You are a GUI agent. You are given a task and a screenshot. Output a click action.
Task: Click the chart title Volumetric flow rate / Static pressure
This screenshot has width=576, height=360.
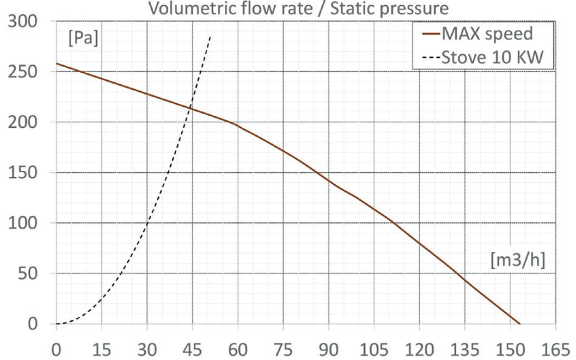click(x=298, y=8)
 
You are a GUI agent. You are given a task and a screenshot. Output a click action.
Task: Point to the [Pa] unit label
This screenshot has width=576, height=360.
click(x=83, y=39)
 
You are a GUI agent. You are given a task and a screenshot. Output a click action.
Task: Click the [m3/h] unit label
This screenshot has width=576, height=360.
click(x=518, y=260)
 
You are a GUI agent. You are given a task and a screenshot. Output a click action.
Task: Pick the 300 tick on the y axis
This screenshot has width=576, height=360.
click(x=22, y=21)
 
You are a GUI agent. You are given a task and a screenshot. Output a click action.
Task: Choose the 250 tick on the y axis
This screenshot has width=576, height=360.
click(x=22, y=72)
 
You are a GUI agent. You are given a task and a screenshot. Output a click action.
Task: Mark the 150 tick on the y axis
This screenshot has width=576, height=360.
click(x=22, y=173)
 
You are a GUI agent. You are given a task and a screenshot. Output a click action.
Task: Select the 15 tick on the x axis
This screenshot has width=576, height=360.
click(x=102, y=350)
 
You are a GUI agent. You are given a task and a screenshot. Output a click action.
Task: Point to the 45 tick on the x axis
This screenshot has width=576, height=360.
click(x=192, y=350)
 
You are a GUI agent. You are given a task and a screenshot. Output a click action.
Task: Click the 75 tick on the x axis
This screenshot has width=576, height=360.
click(x=283, y=350)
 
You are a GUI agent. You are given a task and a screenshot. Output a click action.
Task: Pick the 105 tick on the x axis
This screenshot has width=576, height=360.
click(x=374, y=350)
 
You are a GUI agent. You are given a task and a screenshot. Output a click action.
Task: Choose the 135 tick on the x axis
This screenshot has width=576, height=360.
click(x=465, y=350)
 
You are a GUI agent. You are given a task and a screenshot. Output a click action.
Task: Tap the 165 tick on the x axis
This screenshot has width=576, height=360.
click(x=555, y=350)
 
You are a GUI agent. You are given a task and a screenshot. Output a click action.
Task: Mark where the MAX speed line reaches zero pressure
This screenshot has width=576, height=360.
click(x=519, y=324)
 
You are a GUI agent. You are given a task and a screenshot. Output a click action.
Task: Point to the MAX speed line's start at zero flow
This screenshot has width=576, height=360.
click(x=57, y=63)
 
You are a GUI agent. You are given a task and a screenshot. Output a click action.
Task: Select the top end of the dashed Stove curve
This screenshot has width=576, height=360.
click(x=210, y=36)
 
